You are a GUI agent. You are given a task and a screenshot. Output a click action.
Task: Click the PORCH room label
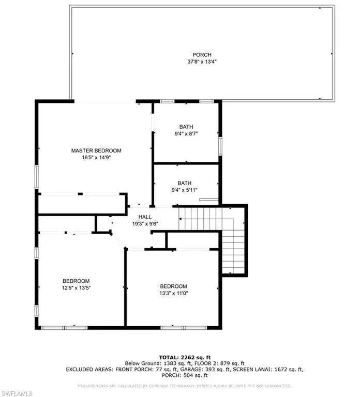tap(202, 55)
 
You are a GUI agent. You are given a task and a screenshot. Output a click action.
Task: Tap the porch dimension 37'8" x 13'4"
tap(202, 62)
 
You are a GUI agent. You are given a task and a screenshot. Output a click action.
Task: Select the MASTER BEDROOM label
tap(96, 150)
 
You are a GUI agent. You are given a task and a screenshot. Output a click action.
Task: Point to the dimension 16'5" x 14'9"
tap(96, 158)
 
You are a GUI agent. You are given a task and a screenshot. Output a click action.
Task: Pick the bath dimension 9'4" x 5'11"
tap(185, 190)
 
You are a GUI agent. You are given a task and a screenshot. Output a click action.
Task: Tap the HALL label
tap(144, 217)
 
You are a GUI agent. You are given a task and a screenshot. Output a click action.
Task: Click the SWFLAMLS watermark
tap(17, 386)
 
